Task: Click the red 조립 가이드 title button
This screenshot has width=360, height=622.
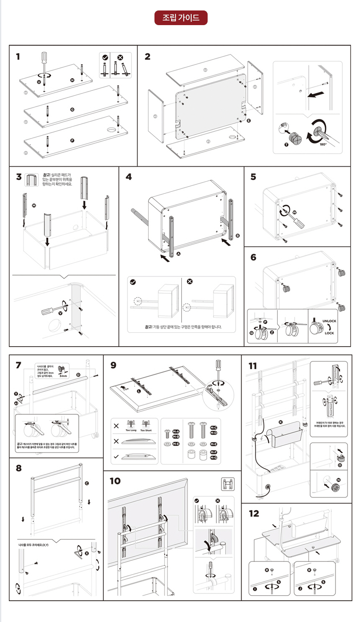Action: (x=180, y=18)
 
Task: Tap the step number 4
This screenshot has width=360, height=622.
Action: (x=129, y=177)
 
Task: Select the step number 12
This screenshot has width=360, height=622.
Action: (x=254, y=514)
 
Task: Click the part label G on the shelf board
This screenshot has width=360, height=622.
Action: (x=72, y=109)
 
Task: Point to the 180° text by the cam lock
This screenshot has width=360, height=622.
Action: (x=323, y=144)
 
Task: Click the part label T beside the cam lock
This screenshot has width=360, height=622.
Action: (x=286, y=144)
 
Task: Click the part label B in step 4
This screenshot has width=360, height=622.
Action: (x=238, y=236)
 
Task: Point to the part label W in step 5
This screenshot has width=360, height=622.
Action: (x=294, y=213)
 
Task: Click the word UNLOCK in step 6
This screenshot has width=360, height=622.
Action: (x=329, y=321)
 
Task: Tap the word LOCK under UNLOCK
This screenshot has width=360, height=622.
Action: (x=329, y=333)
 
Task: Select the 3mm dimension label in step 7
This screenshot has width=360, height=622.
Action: (x=63, y=376)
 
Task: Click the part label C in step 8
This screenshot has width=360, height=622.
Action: (x=87, y=483)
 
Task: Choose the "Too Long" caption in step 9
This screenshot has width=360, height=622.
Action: (x=131, y=430)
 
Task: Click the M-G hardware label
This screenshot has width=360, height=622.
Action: (x=213, y=458)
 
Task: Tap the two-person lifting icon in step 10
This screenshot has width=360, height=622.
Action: (x=228, y=484)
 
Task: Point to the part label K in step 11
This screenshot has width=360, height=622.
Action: (x=280, y=422)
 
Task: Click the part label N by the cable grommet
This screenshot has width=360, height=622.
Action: (x=338, y=480)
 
